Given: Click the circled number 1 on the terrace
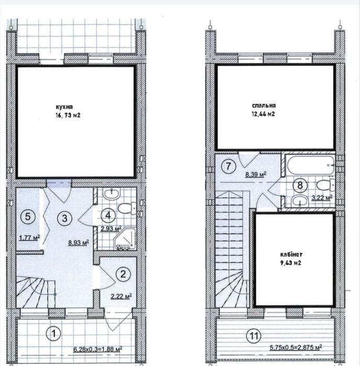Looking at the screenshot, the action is pyautogui.click(x=54, y=334).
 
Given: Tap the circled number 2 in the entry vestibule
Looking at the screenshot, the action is pyautogui.click(x=123, y=274).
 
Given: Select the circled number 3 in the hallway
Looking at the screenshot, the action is pyautogui.click(x=64, y=218).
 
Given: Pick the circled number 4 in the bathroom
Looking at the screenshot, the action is pyautogui.click(x=108, y=215).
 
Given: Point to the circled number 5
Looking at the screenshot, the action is pyautogui.click(x=28, y=216).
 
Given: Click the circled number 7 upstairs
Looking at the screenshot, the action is pyautogui.click(x=228, y=166).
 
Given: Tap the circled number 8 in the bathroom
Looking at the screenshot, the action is pyautogui.click(x=300, y=185).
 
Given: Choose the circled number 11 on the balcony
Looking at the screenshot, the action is pyautogui.click(x=254, y=336).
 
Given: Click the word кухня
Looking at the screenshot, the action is pyautogui.click(x=64, y=107).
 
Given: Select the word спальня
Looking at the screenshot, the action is pyautogui.click(x=264, y=106).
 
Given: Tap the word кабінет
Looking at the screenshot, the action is pyautogui.click(x=291, y=254).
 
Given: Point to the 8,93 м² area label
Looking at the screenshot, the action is pyautogui.click(x=78, y=243).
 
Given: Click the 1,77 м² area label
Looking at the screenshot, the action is pyautogui.click(x=29, y=238).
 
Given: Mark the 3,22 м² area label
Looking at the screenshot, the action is pyautogui.click(x=322, y=198).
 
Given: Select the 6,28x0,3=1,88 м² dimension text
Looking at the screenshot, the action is pyautogui.click(x=98, y=349).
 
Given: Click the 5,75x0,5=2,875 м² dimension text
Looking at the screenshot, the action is pyautogui.click(x=296, y=347).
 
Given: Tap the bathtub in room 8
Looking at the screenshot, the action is pyautogui.click(x=310, y=165).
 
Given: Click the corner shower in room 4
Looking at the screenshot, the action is pyautogui.click(x=125, y=238).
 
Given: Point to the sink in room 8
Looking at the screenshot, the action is pyautogui.click(x=300, y=201).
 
